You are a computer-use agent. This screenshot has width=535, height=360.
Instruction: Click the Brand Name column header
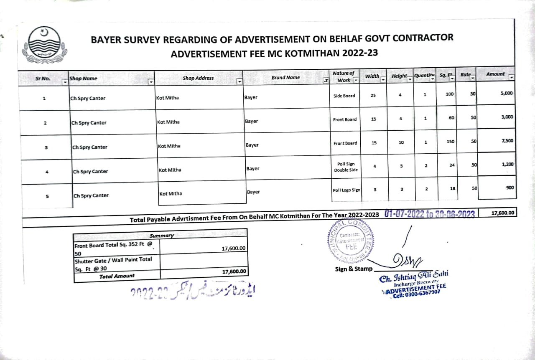point(285,78)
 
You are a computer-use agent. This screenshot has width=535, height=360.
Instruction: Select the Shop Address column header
point(198,78)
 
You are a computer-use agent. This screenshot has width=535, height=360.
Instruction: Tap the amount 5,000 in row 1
point(506,94)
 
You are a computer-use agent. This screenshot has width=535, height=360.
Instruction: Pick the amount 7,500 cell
point(507,141)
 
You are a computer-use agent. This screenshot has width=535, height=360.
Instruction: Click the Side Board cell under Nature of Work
point(344,96)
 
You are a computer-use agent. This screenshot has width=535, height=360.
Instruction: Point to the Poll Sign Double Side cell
point(344,167)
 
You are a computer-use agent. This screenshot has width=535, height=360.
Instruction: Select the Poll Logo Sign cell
point(346,190)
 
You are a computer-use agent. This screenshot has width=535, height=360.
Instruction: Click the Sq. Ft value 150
point(450,142)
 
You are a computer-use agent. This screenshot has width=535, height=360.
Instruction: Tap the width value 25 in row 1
point(373,96)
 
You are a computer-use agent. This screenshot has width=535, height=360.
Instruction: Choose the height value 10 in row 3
point(401,142)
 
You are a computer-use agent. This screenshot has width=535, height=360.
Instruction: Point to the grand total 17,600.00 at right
point(503,213)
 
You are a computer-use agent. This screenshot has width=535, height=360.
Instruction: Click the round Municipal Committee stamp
point(350,241)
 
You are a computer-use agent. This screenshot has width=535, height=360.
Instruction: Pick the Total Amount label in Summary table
point(117,276)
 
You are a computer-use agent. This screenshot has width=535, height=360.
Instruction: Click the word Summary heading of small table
point(161,236)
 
